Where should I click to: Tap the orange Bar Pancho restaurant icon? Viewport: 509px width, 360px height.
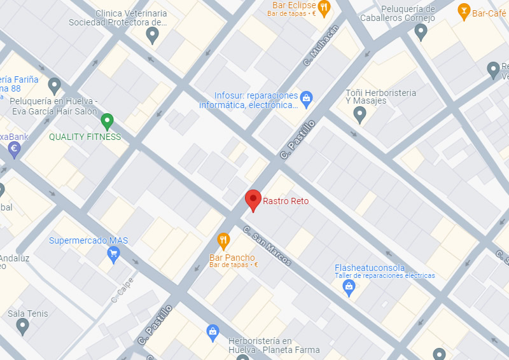pos(223,240)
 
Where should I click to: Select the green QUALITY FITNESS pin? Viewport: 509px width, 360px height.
pos(107,120)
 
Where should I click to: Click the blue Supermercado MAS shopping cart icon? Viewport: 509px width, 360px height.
pos(113,255)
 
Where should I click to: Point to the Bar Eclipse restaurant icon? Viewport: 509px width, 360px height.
pos(324,8)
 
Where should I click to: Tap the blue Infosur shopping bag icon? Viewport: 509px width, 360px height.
pos(307,97)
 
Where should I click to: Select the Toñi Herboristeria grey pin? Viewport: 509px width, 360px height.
pos(359,114)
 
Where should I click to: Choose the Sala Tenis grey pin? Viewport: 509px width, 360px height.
pos(23,326)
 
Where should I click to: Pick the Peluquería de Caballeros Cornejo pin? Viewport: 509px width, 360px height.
pos(421,32)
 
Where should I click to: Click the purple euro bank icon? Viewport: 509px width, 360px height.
pos(13,149)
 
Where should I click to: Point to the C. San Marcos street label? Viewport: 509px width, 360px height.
pos(267,247)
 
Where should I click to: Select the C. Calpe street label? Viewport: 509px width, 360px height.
pos(123,290)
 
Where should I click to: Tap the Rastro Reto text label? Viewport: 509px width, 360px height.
pos(286,201)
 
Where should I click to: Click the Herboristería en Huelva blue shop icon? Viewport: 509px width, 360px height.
pos(213,331)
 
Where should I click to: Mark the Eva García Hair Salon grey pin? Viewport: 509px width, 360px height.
pos(54,85)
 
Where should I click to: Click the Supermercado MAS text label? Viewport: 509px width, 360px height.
pos(88,240)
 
